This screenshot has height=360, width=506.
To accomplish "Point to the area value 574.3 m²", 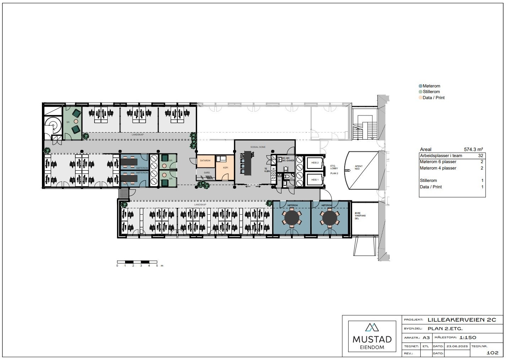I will tap(473, 150).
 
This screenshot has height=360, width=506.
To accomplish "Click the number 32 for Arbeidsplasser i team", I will tap(480, 156).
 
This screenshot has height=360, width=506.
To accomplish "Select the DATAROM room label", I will tap(205, 161).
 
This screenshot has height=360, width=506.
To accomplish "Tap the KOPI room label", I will tap(225, 167).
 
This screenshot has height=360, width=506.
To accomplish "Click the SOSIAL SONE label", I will tap(258, 147).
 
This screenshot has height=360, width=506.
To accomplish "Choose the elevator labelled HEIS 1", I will tap(315, 180).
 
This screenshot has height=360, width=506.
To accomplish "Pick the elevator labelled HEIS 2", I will tap(315, 163).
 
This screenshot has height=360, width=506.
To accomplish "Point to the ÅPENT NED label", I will tap(359, 167).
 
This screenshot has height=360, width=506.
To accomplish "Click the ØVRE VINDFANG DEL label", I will tap(360, 216).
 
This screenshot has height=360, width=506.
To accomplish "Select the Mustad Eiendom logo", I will tap(372, 336).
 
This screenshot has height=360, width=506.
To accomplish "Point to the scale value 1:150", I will tap(468, 337).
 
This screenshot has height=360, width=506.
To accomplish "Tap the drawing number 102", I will tap(492, 353).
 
